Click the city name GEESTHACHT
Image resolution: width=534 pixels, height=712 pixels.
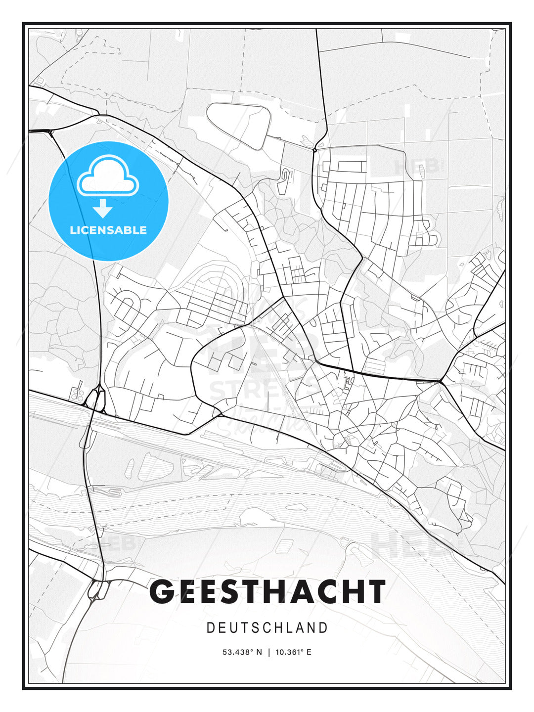tap(267, 591)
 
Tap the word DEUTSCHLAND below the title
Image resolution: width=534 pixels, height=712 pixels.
tap(267, 628)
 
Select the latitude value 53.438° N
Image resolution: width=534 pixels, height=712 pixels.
tap(242, 652)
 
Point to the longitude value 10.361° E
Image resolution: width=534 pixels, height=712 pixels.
tap(293, 652)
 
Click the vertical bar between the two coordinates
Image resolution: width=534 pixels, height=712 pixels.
tap(268, 652)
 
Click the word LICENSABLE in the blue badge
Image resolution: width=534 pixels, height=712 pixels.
tap(108, 230)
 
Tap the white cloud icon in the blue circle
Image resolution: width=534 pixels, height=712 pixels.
tap(108, 176)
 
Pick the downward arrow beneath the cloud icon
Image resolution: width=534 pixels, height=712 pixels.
tap(103, 209)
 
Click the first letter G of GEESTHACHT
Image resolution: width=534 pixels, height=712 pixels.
tap(162, 591)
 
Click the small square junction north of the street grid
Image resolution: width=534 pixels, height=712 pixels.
tap(314, 148)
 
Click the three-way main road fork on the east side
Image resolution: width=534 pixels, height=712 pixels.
tap(440, 381)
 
